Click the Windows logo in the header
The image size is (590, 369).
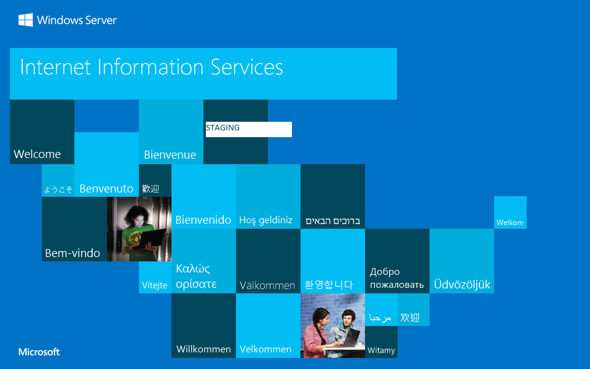click(x=25, y=20)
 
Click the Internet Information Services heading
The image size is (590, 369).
click(x=151, y=67)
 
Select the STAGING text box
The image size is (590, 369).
click(x=248, y=129)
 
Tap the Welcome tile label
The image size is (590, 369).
click(x=37, y=154)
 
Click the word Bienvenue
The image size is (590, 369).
click(x=170, y=154)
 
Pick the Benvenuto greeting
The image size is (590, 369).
click(x=106, y=188)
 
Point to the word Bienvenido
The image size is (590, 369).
click(x=203, y=220)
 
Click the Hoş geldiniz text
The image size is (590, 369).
click(x=265, y=220)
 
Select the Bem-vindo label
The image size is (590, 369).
click(x=73, y=253)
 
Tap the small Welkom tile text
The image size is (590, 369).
click(x=509, y=223)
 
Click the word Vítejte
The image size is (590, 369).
click(x=154, y=285)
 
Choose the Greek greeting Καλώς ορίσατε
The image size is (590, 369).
click(x=196, y=276)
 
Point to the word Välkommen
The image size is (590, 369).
click(x=267, y=285)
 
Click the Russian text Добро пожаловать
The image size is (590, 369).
click(x=396, y=278)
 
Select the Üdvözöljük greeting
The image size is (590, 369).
click(x=462, y=284)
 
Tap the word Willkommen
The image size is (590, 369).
click(x=203, y=349)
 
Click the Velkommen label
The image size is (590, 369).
click(x=265, y=349)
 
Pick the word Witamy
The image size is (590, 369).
click(x=381, y=351)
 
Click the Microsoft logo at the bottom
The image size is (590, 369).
click(x=39, y=352)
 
